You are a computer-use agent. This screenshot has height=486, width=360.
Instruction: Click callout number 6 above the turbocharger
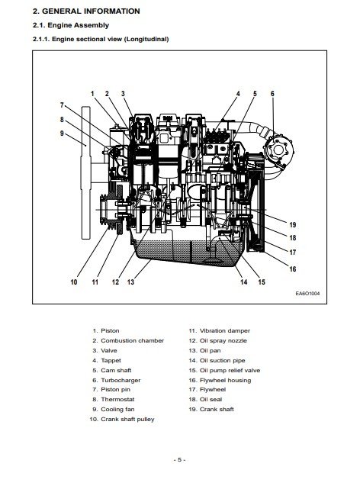(272, 94)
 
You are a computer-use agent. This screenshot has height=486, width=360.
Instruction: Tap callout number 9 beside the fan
(62, 134)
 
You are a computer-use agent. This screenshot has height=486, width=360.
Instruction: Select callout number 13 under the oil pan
(130, 282)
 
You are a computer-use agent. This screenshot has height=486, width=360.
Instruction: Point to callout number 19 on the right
(293, 225)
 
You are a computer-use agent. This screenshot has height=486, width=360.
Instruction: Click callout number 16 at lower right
(293, 269)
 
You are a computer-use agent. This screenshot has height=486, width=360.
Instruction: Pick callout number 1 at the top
(92, 94)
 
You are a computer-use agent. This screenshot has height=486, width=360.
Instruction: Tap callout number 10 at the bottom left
(74, 282)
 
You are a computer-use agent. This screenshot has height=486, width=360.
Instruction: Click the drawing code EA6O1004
(307, 294)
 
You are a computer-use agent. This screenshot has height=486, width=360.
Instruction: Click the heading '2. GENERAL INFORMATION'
(86, 11)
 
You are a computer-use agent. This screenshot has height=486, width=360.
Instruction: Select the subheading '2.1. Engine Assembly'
(71, 25)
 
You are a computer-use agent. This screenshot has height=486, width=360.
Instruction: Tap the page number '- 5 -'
(179, 459)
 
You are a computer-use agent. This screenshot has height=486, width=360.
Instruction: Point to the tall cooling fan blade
(86, 172)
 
